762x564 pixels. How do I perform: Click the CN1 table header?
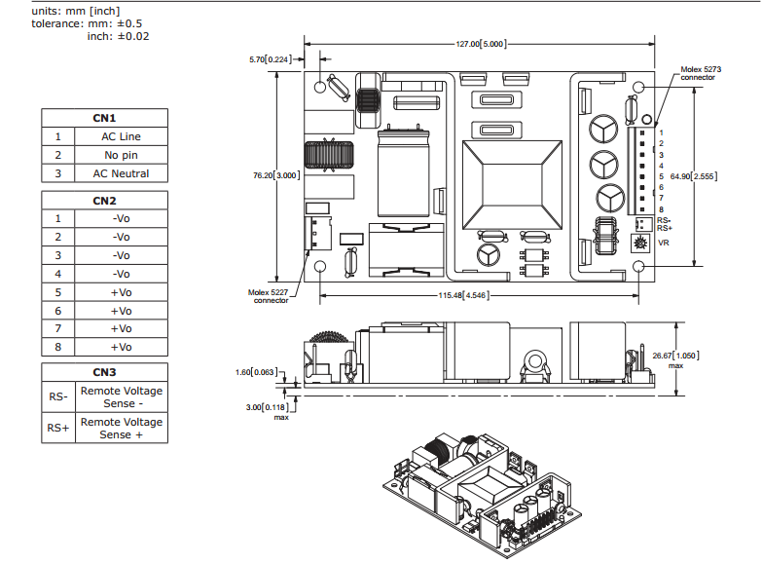coord(104,118)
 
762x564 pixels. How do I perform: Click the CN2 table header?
coord(104,201)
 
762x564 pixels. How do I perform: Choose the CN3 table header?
coord(104,372)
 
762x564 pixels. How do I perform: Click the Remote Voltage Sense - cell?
coord(121,396)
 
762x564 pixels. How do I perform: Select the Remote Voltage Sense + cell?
coord(121,429)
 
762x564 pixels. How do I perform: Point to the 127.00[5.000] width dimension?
coord(481,44)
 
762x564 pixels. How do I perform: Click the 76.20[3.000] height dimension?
coord(276,175)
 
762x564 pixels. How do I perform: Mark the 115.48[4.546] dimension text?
coord(462,295)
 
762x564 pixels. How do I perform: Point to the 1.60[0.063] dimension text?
coord(256,371)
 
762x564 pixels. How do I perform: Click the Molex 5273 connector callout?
coord(699,73)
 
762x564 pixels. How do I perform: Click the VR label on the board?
coord(663,243)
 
